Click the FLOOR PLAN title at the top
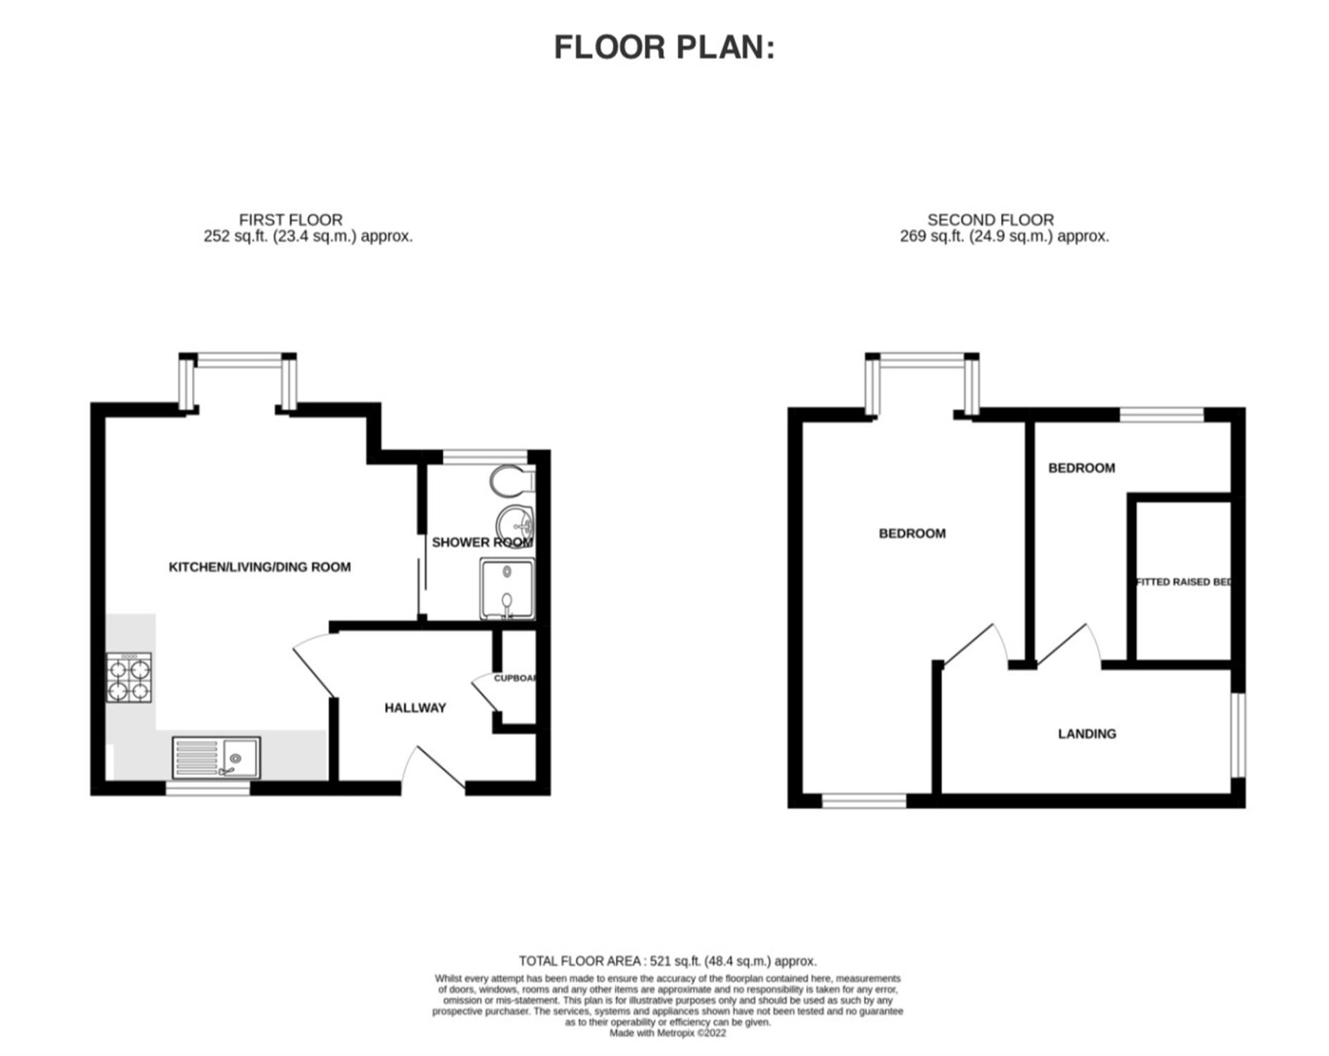(664, 48)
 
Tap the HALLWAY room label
(415, 708)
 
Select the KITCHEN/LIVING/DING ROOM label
(260, 567)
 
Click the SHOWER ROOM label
(482, 542)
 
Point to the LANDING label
(1087, 734)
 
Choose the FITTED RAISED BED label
(1183, 582)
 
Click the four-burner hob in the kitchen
(129, 678)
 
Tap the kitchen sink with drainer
(216, 758)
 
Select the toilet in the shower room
(512, 481)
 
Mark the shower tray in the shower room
(507, 589)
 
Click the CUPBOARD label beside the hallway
(515, 678)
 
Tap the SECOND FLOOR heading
(990, 220)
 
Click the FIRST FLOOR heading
(291, 220)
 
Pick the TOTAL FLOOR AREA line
(667, 961)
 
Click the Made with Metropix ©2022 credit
(667, 1033)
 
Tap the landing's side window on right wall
(1238, 735)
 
